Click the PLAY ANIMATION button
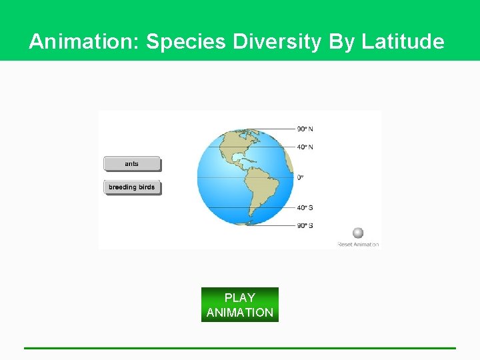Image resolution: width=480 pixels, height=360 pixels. (x=239, y=305)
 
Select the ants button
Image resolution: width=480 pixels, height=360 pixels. (x=132, y=164)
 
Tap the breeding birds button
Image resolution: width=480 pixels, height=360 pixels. (x=132, y=187)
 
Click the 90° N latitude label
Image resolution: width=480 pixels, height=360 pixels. (x=305, y=129)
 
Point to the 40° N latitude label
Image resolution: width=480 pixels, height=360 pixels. (x=305, y=147)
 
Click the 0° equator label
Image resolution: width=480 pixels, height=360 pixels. (x=300, y=177)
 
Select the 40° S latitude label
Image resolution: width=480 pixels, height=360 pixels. (x=305, y=207)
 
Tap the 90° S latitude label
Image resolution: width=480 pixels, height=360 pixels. (x=305, y=225)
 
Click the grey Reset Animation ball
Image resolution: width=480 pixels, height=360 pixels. (x=358, y=233)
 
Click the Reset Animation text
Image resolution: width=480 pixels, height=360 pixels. (x=358, y=245)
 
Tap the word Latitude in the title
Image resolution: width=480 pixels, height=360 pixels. (x=403, y=42)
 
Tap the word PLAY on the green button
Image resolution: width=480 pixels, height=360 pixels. (x=239, y=297)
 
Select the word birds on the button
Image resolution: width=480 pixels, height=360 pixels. (x=146, y=187)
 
